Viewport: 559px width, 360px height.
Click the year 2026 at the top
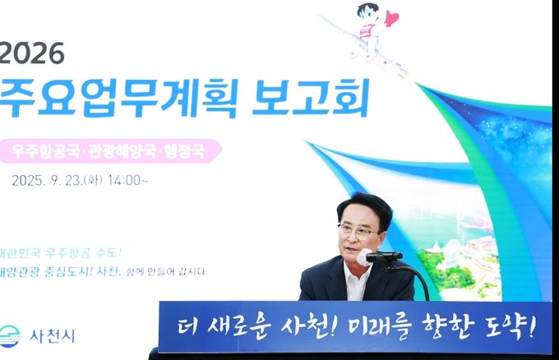click(32, 53)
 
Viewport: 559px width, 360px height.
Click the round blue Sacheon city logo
click(11, 336)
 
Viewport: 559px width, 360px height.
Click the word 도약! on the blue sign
click(510, 328)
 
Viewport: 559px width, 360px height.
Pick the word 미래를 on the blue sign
click(380, 328)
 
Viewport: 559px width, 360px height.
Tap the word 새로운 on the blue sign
click(238, 328)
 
